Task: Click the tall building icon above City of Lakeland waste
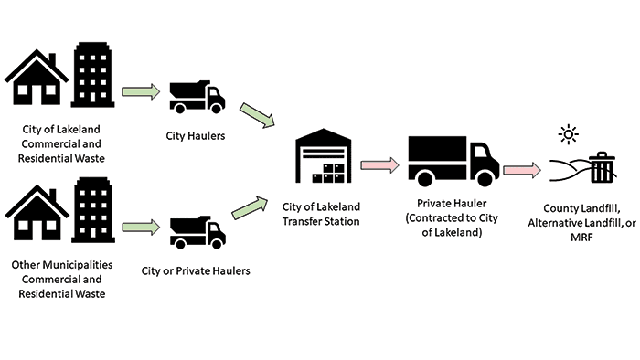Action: [94, 76]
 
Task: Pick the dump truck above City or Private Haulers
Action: [197, 231]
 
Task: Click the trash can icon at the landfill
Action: [602, 169]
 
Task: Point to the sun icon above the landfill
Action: [570, 136]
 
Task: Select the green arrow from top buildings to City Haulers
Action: [140, 91]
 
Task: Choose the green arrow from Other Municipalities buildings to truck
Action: [140, 227]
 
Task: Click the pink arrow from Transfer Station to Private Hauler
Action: [379, 165]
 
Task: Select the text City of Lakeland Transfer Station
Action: [321, 212]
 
